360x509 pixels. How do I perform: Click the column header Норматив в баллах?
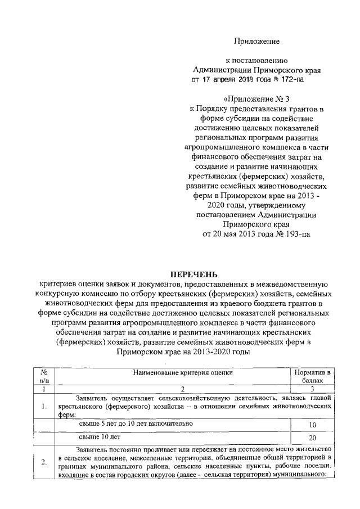pos(312,377)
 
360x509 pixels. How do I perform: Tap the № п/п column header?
pos(43,377)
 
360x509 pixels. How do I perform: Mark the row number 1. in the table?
pos(43,405)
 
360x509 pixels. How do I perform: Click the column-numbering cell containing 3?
pos(312,389)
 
